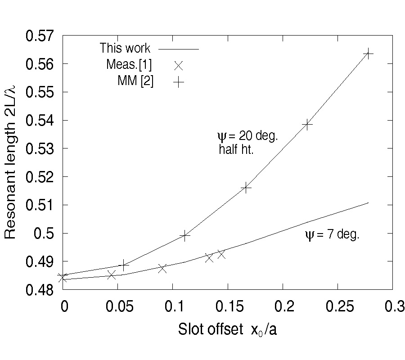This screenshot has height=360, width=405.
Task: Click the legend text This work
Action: tap(125, 48)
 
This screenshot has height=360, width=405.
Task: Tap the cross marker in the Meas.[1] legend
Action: tap(178, 65)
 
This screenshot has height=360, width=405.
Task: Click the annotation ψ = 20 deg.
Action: tap(247, 135)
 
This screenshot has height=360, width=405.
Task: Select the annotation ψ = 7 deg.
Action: tap(332, 235)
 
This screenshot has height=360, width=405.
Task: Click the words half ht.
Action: tap(236, 150)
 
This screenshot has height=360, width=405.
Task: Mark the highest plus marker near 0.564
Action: tap(369, 54)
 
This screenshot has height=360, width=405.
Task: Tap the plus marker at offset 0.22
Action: tap(307, 125)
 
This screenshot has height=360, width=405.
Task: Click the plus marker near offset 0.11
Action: tap(185, 235)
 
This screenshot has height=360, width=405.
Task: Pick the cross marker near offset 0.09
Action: tap(162, 269)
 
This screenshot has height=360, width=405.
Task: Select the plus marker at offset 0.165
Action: tap(246, 188)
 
